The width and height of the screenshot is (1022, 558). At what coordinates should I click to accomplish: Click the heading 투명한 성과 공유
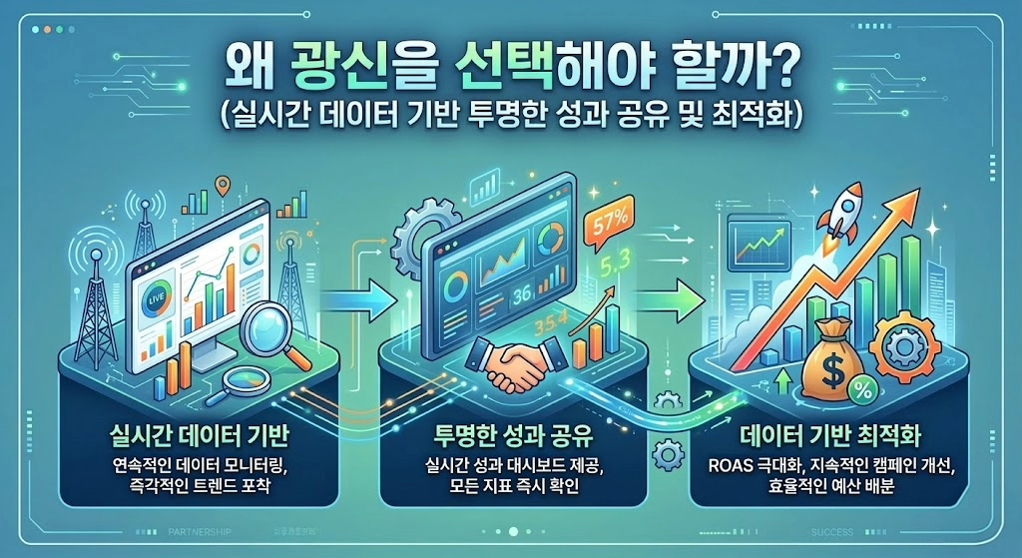[x=514, y=436]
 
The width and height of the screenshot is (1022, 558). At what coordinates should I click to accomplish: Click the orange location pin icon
[x=223, y=186]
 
